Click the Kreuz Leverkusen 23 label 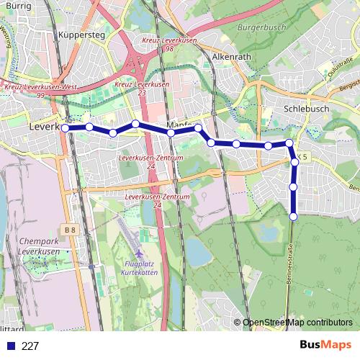(x=143, y=88)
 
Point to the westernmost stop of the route (x=66, y=128)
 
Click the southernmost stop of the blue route (x=294, y=217)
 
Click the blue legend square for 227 (x=11, y=346)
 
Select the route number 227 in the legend (x=30, y=346)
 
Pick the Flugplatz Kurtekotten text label (x=140, y=270)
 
